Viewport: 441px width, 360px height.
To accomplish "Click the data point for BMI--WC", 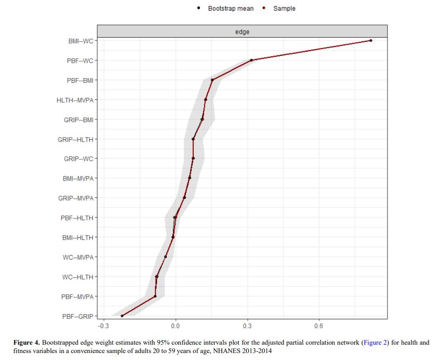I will coord(370,41).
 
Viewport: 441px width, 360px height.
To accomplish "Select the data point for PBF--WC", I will coord(251,60).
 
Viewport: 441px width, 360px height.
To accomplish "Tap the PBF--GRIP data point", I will coord(122,316).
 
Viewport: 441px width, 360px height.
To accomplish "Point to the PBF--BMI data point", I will coord(212,80).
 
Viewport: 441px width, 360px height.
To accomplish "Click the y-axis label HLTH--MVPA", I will coord(77,100).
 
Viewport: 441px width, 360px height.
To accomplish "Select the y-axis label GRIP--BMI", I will coord(79,120).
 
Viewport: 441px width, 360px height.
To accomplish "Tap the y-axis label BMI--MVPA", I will coord(78,178).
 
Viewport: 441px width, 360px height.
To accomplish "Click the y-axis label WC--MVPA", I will coord(78,257).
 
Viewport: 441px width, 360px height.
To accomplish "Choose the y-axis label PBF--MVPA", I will coord(77,296).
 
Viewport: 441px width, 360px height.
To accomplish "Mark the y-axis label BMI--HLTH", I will coord(78,238).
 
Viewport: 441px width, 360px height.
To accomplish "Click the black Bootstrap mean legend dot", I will coord(199,8).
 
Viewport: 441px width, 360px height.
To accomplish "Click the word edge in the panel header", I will coord(242,31).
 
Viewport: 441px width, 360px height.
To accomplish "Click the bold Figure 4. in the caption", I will coord(26,343).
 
